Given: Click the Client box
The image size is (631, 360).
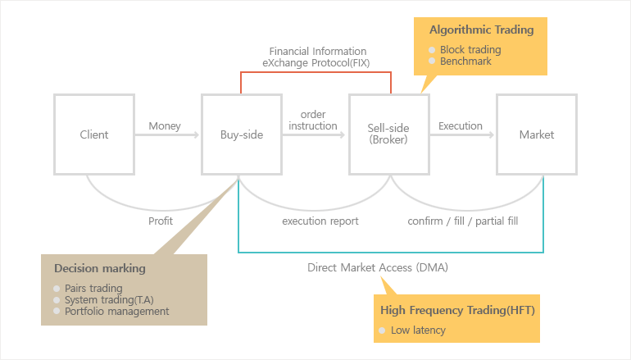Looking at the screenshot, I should coord(94,135).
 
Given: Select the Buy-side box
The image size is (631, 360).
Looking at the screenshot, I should coord(242,135).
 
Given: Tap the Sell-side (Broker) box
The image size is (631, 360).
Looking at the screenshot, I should coord(388,134).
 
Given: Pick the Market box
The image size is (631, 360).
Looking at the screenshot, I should coord(537,135).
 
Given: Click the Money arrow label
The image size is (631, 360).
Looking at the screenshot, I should coord(165,126).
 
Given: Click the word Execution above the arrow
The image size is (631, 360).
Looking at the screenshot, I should coord(461,126).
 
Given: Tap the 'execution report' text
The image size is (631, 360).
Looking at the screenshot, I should coord(320,221).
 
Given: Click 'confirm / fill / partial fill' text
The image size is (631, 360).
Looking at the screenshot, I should coord(463,221).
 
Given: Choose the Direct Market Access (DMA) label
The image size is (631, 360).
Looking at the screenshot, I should coord(378,267).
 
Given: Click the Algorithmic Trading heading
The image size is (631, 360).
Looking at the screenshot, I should coord(481,30).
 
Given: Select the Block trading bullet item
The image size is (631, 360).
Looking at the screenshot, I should coord(470,49).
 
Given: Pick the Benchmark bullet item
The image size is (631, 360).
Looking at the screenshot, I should coord(465,62).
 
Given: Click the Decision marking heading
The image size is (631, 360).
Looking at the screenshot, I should coord(100,268).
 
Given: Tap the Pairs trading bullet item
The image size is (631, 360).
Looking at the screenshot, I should coord(93,289).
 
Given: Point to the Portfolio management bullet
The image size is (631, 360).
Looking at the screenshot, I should coord(116,311).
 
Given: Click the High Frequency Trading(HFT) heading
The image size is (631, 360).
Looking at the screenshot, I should coord(457,310).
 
